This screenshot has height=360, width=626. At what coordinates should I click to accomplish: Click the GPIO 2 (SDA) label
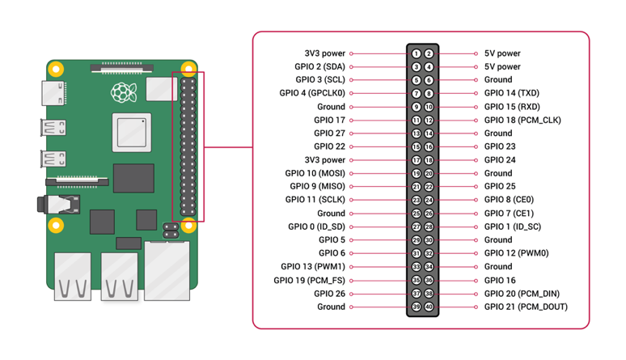pyautogui.click(x=319, y=66)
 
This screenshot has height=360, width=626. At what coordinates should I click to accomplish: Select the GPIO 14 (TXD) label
pyautogui.click(x=511, y=93)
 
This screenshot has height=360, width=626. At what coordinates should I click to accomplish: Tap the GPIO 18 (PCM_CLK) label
pyautogui.click(x=522, y=120)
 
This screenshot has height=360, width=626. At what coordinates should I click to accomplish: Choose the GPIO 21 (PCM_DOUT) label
pyautogui.click(x=526, y=307)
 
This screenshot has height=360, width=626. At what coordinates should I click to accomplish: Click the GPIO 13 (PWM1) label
pyautogui.click(x=313, y=266)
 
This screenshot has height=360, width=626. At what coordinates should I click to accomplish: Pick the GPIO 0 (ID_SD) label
pyautogui.click(x=316, y=227)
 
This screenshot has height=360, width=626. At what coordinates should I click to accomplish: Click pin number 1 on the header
pyautogui.click(x=417, y=53)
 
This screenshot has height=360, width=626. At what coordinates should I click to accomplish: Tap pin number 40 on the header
pyautogui.click(x=429, y=307)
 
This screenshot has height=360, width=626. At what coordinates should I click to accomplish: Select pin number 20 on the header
pyautogui.click(x=429, y=173)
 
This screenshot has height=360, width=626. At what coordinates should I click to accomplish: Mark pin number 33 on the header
pyautogui.click(x=417, y=266)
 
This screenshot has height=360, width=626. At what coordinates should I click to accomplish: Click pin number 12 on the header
pyautogui.click(x=429, y=120)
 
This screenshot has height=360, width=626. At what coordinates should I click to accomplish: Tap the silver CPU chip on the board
pyautogui.click(x=133, y=134)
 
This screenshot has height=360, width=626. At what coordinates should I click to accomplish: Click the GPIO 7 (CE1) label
pyautogui.click(x=509, y=214)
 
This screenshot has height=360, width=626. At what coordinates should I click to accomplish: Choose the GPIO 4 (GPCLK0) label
pyautogui.click(x=312, y=93)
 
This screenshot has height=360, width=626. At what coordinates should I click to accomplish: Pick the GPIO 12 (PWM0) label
pyautogui.click(x=516, y=253)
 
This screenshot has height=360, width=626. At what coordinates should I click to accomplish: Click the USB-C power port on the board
pyautogui.click(x=56, y=92)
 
